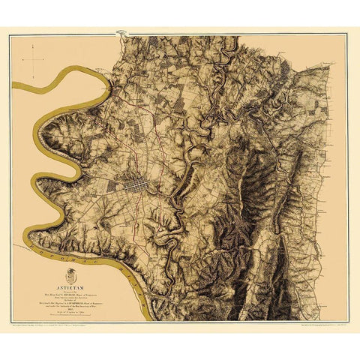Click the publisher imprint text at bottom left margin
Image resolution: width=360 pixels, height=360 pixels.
tap(67, 330)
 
